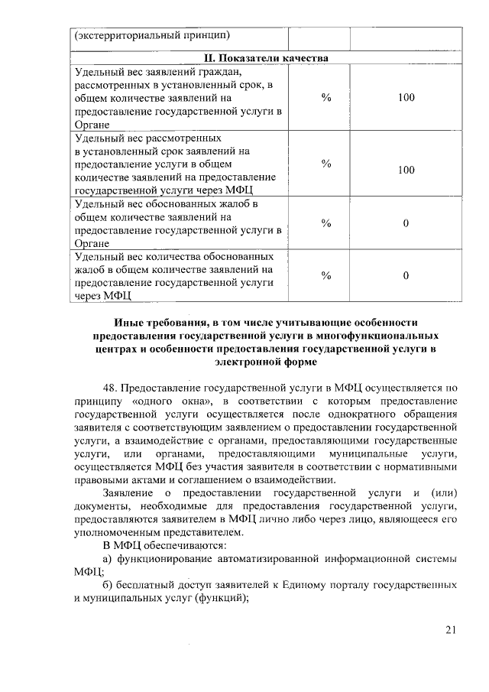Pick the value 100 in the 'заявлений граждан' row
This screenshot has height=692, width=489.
pyautogui.click(x=406, y=98)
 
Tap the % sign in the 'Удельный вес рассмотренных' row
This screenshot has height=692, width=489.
pyautogui.click(x=325, y=164)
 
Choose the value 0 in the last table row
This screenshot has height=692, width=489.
pyautogui.click(x=406, y=275)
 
